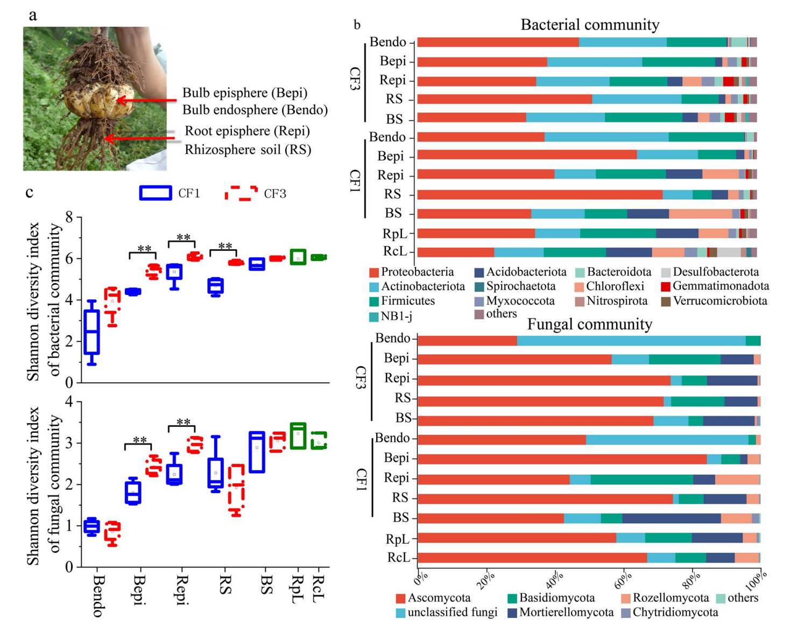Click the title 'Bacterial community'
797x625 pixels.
click(x=589, y=25)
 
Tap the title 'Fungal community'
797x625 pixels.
click(x=589, y=324)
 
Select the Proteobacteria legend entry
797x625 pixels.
click(x=412, y=272)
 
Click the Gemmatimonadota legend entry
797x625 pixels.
click(x=715, y=286)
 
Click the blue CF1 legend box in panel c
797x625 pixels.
click(x=156, y=193)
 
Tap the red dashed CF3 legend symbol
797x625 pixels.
click(x=241, y=193)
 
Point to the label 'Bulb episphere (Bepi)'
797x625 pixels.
click(x=245, y=93)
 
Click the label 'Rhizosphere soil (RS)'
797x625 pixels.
click(x=248, y=149)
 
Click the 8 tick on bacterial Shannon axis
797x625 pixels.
click(x=69, y=217)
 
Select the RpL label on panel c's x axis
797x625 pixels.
click(x=298, y=589)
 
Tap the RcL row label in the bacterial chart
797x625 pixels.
click(x=395, y=251)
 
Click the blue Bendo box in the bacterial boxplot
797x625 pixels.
click(x=92, y=332)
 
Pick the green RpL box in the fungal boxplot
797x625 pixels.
click(x=298, y=436)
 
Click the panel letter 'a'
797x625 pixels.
click(x=33, y=15)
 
